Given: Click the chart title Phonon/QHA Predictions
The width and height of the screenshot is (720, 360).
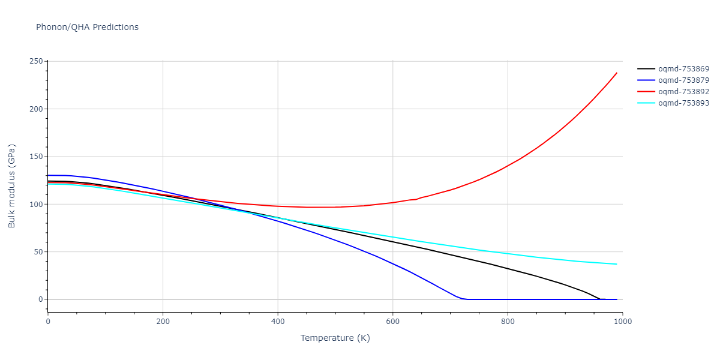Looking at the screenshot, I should (x=87, y=27).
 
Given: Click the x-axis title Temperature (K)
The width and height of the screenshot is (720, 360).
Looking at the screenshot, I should (x=335, y=338).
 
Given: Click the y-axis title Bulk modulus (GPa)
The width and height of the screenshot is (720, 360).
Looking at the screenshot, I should (x=13, y=186).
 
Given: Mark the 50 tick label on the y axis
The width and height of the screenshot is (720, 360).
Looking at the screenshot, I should (x=37, y=252).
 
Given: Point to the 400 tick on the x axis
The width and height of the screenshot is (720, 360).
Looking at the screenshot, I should (x=278, y=321).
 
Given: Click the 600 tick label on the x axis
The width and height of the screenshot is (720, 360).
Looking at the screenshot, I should (x=392, y=321).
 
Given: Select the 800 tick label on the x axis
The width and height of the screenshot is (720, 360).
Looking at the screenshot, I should (x=508, y=321).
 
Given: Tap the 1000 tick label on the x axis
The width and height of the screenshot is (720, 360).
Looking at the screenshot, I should (x=622, y=321).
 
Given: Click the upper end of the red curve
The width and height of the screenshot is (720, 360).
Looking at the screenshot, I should (x=617, y=73).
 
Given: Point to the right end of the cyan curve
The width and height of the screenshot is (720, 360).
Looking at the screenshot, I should (x=617, y=264).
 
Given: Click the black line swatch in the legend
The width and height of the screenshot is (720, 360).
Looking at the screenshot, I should (x=646, y=69).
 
